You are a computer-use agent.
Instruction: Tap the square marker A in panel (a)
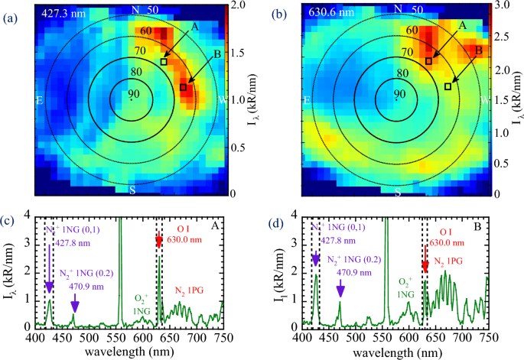point(164,62)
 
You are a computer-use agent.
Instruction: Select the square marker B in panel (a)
point(183,88)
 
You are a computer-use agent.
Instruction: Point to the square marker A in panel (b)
point(428,61)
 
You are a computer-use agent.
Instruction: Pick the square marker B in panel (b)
point(448,86)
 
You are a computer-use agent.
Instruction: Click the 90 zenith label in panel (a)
point(132,93)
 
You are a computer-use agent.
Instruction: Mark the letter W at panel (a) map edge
point(221,100)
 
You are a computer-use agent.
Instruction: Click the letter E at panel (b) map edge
point(307,100)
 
